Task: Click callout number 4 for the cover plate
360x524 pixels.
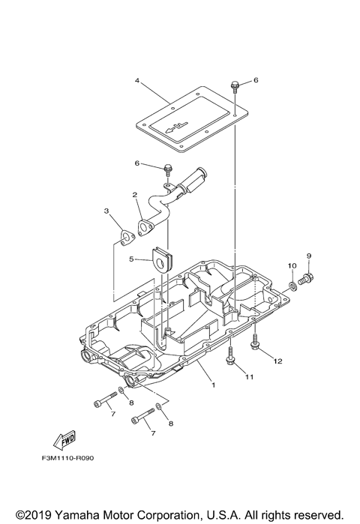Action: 137,80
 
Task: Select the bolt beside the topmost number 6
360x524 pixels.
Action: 235,85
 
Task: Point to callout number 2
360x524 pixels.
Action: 135,196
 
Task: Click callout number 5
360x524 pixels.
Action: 130,259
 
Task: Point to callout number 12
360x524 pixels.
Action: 277,361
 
